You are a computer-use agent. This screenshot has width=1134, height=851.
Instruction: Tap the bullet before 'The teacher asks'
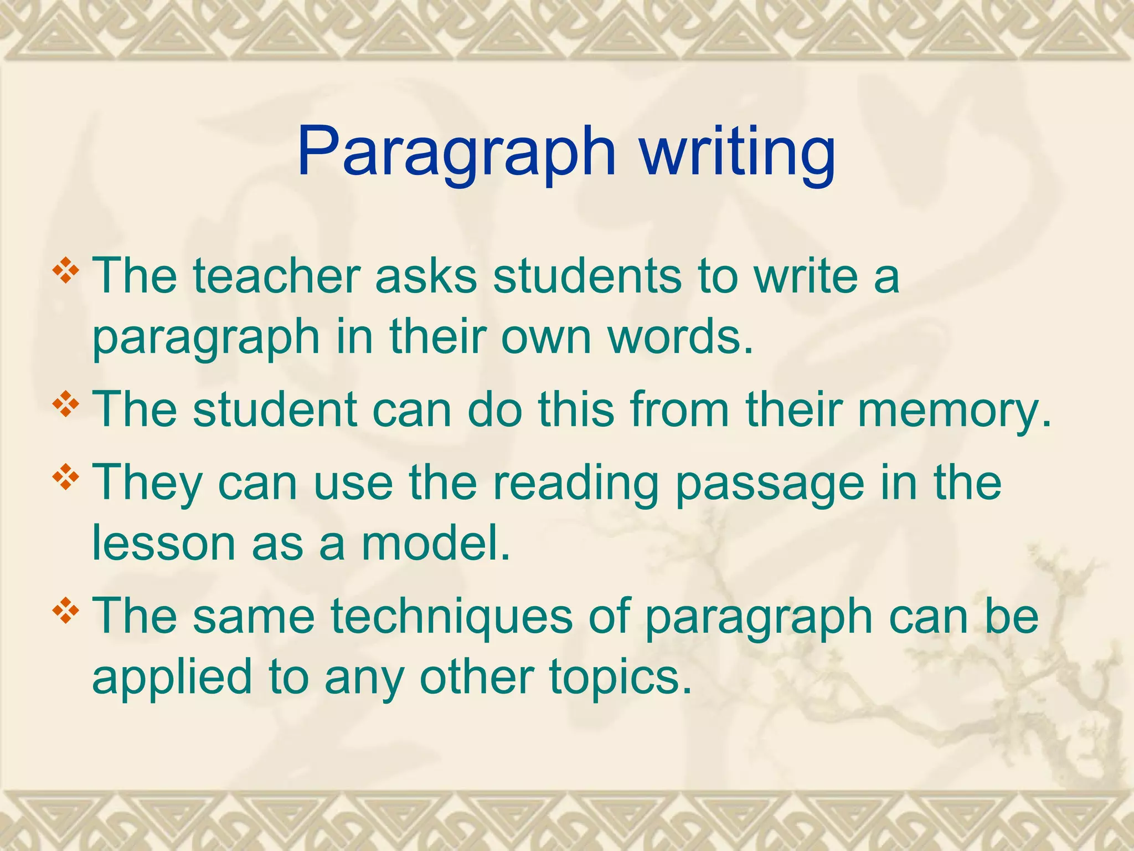(65, 271)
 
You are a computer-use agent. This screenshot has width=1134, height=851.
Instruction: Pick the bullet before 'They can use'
(65, 477)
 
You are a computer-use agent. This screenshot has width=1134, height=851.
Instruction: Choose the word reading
(576, 482)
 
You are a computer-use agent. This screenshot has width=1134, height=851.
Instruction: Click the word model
(435, 543)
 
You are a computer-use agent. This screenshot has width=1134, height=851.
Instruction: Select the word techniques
(452, 616)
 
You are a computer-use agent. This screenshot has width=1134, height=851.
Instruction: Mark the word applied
(172, 677)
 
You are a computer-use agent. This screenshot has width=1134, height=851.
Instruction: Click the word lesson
(164, 543)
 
